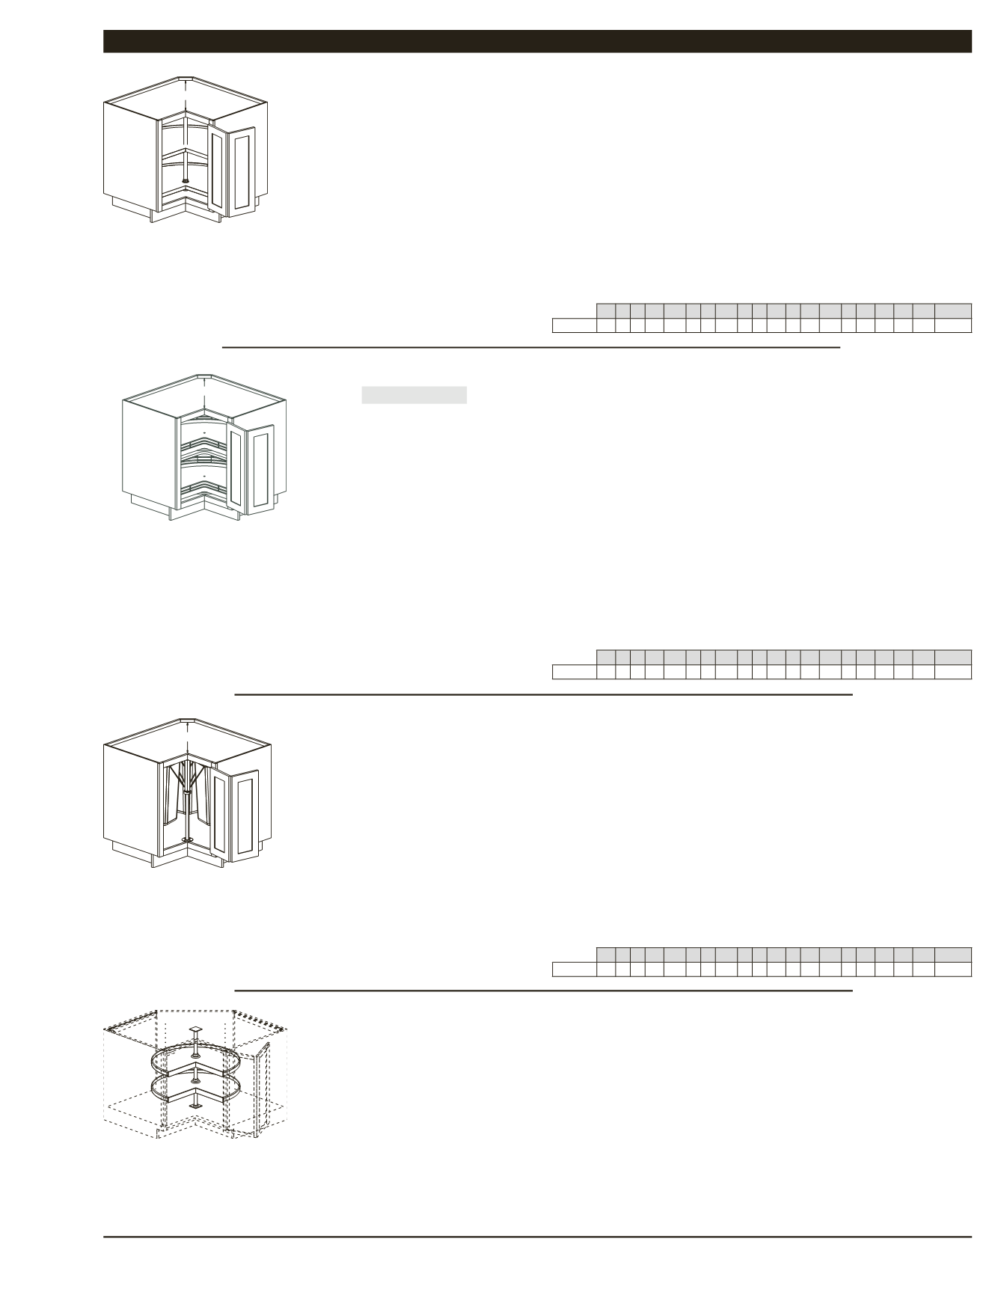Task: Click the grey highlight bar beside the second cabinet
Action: (x=414, y=395)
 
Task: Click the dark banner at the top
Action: (x=536, y=41)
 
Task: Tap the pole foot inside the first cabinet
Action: (x=186, y=180)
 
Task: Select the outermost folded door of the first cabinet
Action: (x=242, y=171)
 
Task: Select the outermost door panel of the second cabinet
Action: (x=261, y=469)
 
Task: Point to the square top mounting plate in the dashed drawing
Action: (x=195, y=1031)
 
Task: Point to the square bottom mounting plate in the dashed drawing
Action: (x=195, y=1104)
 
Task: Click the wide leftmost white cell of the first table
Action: (x=574, y=325)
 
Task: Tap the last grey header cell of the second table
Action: (x=952, y=657)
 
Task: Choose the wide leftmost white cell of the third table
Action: (x=574, y=970)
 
